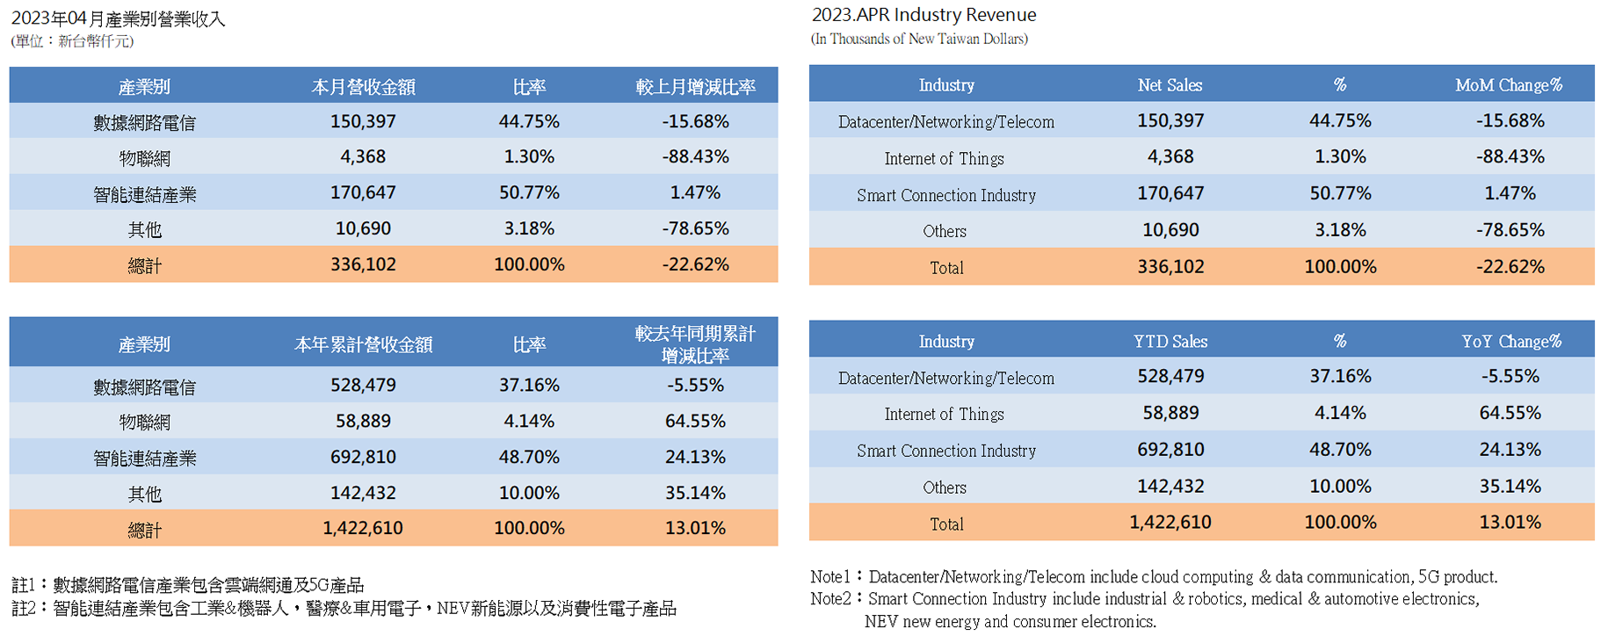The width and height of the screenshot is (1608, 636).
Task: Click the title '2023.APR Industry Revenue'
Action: pyautogui.click(x=924, y=15)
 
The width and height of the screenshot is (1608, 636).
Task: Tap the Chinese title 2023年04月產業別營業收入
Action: pyautogui.click(x=119, y=18)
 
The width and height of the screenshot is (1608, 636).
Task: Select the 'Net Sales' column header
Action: pyautogui.click(x=1170, y=85)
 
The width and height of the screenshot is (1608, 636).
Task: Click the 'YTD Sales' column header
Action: pyautogui.click(x=1170, y=342)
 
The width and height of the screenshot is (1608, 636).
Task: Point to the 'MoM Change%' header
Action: pyautogui.click(x=1509, y=85)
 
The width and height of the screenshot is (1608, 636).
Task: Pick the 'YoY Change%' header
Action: pyautogui.click(x=1511, y=342)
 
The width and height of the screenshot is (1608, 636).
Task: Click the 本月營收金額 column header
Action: pyautogui.click(x=363, y=87)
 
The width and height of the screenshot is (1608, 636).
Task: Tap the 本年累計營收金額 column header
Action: pyautogui.click(x=363, y=344)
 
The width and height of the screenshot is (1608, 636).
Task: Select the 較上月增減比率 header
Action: pyautogui.click(x=695, y=87)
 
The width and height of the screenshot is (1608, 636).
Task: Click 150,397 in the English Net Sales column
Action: pyautogui.click(x=1170, y=121)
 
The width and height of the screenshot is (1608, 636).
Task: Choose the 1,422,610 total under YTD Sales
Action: pyautogui.click(x=1170, y=523)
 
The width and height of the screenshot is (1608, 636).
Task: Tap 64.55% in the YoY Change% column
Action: pyautogui.click(x=1510, y=413)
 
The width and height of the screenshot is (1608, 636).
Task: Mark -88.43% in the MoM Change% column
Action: pyautogui.click(x=1510, y=157)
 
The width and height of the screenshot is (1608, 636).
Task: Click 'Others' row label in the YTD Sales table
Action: pyautogui.click(x=945, y=488)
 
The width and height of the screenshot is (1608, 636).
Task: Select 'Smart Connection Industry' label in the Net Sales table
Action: pyautogui.click(x=946, y=195)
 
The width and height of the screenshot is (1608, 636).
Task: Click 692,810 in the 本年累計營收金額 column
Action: pyautogui.click(x=363, y=458)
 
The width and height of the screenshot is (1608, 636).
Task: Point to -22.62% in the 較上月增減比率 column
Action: pyautogui.click(x=695, y=264)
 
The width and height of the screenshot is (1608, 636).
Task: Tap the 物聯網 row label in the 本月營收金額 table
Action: pyautogui.click(x=145, y=158)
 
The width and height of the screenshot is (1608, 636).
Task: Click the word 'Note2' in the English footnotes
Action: pyautogui.click(x=830, y=599)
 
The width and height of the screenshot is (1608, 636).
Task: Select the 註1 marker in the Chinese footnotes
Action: pyautogui.click(x=24, y=585)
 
